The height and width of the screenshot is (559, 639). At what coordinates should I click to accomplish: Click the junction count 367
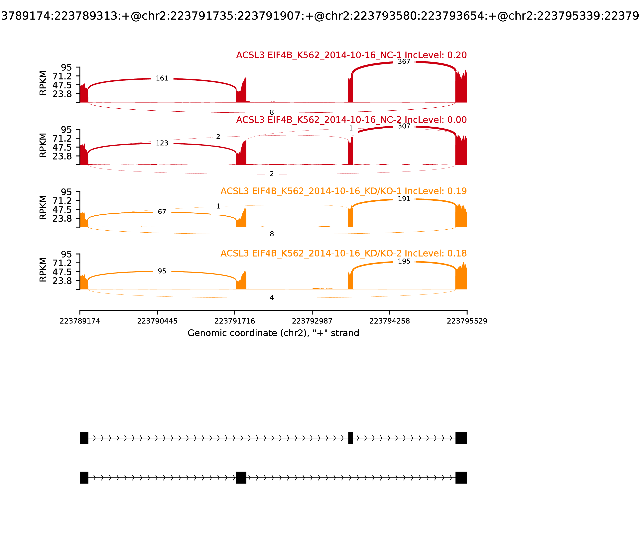pos(404,62)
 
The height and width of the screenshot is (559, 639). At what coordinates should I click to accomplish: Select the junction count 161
pos(162,78)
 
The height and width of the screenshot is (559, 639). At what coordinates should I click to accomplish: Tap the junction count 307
pos(404,126)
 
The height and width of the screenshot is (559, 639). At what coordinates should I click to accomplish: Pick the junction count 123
pos(162,143)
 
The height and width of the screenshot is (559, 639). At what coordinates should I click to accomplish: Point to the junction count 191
pos(404,199)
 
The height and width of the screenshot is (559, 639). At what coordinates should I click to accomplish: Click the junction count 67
pos(162,212)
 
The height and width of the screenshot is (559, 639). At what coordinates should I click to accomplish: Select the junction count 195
pos(404,261)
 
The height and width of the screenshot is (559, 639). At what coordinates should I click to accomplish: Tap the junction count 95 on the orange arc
pos(162,271)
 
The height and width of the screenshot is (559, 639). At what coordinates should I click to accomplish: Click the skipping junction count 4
pos(272,298)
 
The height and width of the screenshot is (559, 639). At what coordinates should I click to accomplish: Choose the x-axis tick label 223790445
pos(157,321)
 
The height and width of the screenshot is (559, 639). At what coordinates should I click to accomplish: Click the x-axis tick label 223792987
pos(312,321)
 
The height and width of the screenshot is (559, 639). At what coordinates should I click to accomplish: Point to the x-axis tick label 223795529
pos(467,321)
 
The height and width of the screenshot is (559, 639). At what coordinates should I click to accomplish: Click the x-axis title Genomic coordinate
pos(273,333)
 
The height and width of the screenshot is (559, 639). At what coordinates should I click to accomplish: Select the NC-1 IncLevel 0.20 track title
pos(351,55)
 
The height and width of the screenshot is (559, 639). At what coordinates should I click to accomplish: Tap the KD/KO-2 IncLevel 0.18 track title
pos(343,253)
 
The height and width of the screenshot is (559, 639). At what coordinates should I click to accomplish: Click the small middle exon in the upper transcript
pos(350,438)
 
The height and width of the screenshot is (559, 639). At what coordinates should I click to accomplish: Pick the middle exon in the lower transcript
pos(241,478)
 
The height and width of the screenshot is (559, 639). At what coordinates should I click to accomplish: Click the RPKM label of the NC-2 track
pos(43,145)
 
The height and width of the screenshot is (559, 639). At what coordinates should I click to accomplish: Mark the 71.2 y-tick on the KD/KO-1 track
pos(62,201)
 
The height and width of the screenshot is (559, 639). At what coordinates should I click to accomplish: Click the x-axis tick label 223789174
pos(80,321)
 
